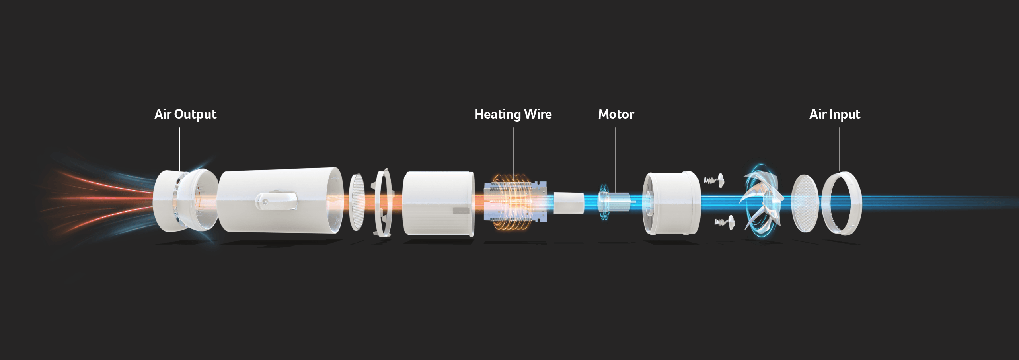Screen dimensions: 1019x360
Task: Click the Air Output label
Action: (x=185, y=114)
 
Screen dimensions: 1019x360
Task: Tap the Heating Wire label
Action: (x=513, y=114)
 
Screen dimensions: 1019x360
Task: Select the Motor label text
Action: (x=616, y=114)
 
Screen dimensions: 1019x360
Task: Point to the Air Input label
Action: (x=835, y=114)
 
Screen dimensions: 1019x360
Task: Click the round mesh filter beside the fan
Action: (x=805, y=203)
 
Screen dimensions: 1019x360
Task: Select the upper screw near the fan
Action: (x=714, y=180)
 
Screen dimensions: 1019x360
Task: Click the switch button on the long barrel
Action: (x=276, y=202)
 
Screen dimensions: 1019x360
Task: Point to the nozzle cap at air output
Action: (x=185, y=200)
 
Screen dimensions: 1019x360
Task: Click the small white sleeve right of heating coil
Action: (x=569, y=203)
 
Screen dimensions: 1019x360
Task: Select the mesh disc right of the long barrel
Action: (x=357, y=202)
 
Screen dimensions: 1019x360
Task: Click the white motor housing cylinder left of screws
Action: (x=672, y=203)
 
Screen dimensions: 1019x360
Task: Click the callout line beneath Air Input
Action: (x=840, y=149)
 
